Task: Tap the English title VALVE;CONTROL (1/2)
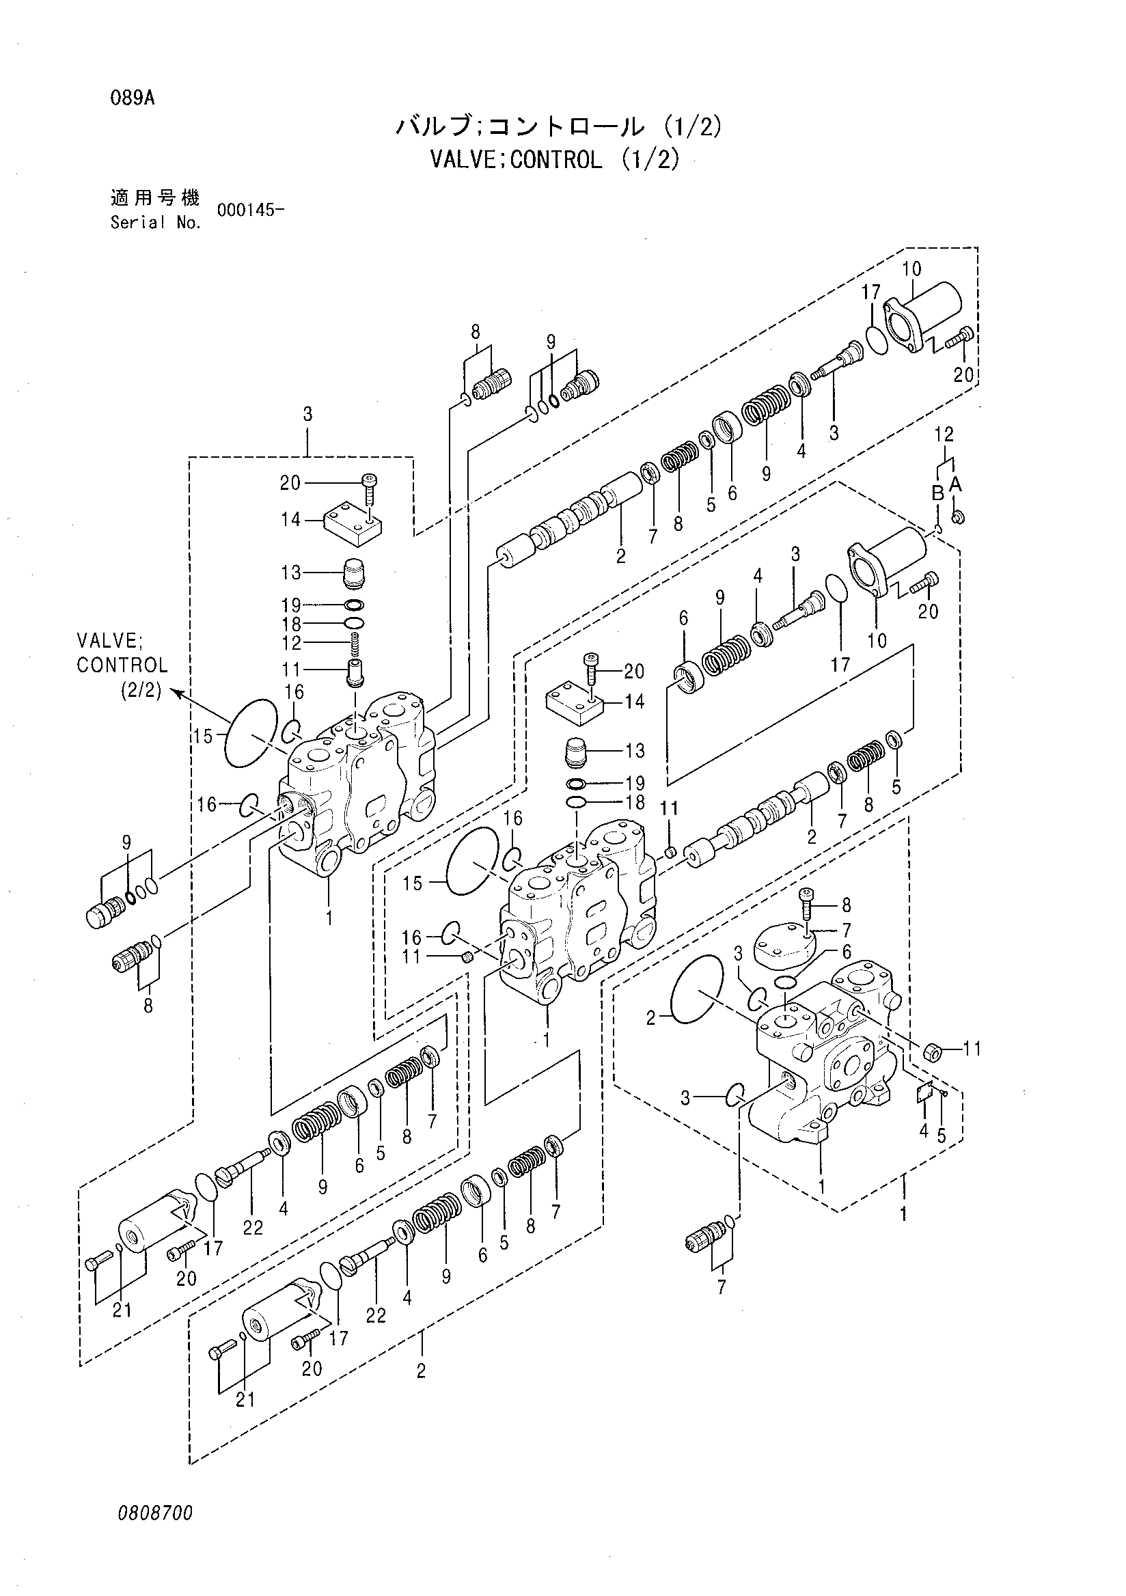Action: [554, 160]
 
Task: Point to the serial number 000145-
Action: [250, 210]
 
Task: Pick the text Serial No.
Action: [156, 223]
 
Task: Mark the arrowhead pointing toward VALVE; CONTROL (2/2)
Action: [176, 693]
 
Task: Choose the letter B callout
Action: [937, 493]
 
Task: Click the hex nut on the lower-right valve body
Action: [933, 1053]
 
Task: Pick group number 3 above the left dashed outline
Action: [307, 415]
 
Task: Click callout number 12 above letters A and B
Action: [944, 435]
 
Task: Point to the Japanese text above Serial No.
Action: [155, 197]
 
